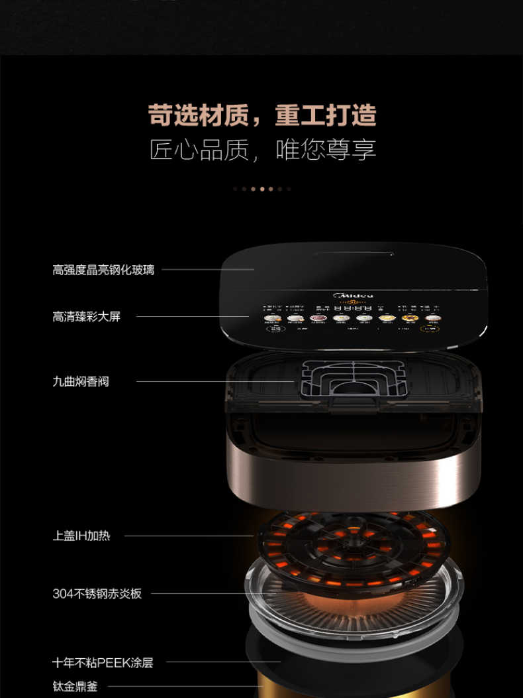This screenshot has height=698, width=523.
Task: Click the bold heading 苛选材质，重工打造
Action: [x=262, y=115]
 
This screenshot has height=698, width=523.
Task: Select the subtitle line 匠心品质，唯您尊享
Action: [x=262, y=150]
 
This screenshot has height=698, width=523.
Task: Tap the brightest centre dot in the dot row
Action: [x=262, y=189]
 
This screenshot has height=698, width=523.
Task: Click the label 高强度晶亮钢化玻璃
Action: [x=103, y=270]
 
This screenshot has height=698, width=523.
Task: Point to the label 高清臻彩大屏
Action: [x=87, y=317]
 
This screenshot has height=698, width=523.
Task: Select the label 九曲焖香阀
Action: [x=81, y=381]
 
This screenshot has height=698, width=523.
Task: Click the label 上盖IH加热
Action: [x=81, y=536]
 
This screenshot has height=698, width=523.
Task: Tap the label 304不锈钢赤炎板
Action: [x=97, y=594]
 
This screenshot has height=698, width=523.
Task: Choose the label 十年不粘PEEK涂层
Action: [x=103, y=662]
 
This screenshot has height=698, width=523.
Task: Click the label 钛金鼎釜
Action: [x=75, y=687]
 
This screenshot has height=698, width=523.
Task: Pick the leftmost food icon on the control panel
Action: [x=272, y=319]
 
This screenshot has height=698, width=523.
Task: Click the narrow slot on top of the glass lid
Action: [x=354, y=253]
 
